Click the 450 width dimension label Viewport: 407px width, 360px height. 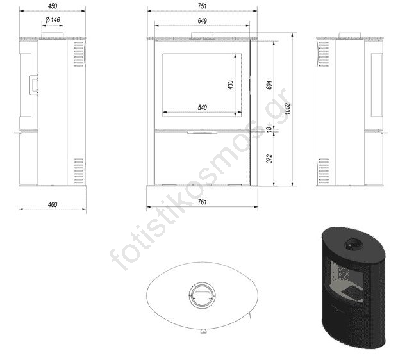pyautogui.click(x=53, y=6)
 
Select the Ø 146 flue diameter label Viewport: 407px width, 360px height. pyautogui.click(x=53, y=20)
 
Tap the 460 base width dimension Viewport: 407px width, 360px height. pyautogui.click(x=53, y=204)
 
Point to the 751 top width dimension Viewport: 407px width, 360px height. pyautogui.click(x=202, y=6)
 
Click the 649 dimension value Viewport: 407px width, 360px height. pyautogui.click(x=202, y=20)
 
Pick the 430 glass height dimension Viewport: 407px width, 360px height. pyautogui.click(x=230, y=85)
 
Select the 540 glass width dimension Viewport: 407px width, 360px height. pyautogui.click(x=202, y=108)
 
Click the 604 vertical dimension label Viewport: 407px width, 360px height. pyautogui.click(x=269, y=85)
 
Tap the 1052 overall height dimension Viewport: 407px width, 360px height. pyautogui.click(x=287, y=109)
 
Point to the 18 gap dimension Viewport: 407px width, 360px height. pyautogui.click(x=270, y=129)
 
